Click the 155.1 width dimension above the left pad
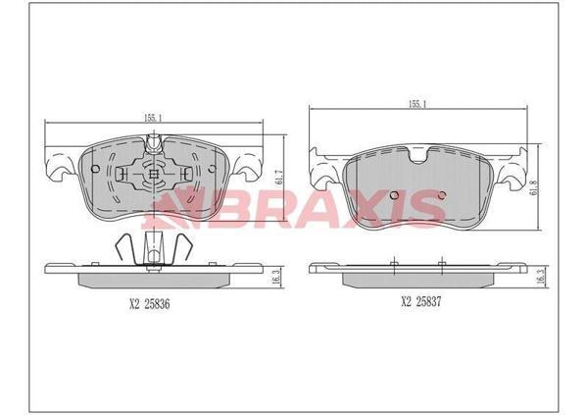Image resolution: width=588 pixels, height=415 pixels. [153, 118]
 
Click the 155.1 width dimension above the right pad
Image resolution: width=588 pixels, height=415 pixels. [417, 105]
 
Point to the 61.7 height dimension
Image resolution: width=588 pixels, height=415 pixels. [278, 178]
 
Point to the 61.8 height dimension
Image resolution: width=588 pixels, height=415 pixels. [535, 186]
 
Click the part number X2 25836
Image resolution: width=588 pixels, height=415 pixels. [150, 304]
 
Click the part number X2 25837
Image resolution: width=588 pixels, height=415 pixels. [421, 301]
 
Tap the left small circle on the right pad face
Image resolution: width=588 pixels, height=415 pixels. [394, 195]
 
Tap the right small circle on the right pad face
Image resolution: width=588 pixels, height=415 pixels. [442, 195]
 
